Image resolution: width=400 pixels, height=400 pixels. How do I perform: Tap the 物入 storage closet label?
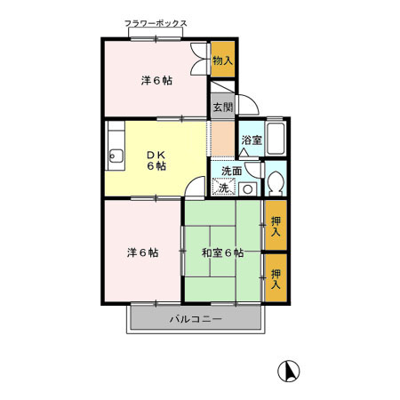pyautogui.click(x=223, y=60)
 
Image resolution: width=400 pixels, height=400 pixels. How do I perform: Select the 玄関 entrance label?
pyautogui.click(x=222, y=107)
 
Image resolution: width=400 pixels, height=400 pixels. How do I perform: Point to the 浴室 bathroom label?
pyautogui.click(x=251, y=140)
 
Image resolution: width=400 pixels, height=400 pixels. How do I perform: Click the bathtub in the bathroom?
pyautogui.click(x=276, y=138)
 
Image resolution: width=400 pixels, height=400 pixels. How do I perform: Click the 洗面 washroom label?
pyautogui.click(x=231, y=171)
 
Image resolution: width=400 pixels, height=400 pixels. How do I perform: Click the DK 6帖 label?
pyautogui.click(x=156, y=160)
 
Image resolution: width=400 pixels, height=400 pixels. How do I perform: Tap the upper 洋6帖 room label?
pyautogui.click(x=156, y=81)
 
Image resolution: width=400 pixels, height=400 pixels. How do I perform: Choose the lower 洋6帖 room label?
pyautogui.click(x=142, y=252)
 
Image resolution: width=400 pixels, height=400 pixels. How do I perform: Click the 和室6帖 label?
pyautogui.click(x=222, y=252)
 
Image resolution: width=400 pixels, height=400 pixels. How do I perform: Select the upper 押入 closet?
pyautogui.click(x=276, y=226)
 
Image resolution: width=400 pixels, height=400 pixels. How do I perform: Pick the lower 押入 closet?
pyautogui.click(x=276, y=279)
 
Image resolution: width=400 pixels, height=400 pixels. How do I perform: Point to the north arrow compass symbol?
pyautogui.click(x=289, y=371)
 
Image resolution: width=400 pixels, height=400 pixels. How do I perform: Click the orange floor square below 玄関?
pyautogui.click(x=221, y=136)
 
